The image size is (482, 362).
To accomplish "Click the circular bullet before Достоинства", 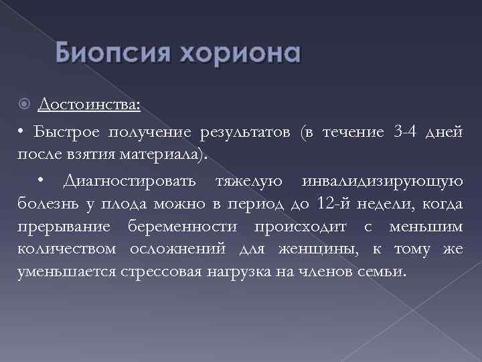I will [x=25, y=105].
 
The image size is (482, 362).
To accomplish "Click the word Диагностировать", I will [x=129, y=180].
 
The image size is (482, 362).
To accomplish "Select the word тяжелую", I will [x=249, y=180].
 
